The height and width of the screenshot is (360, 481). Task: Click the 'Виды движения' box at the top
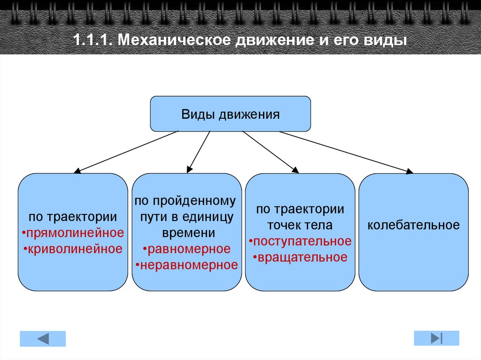click(230, 114)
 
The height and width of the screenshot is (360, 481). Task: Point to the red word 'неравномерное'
click(188, 265)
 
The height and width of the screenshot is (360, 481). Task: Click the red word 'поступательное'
click(301, 241)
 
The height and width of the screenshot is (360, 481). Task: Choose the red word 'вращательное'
click(301, 257)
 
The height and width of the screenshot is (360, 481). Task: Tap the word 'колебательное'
click(413, 225)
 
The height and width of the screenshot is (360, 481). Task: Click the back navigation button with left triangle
click(43, 338)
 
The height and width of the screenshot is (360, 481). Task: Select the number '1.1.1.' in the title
click(92, 40)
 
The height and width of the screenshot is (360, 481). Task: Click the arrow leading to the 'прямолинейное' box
click(127, 151)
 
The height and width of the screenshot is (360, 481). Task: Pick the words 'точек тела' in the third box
click(300, 225)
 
